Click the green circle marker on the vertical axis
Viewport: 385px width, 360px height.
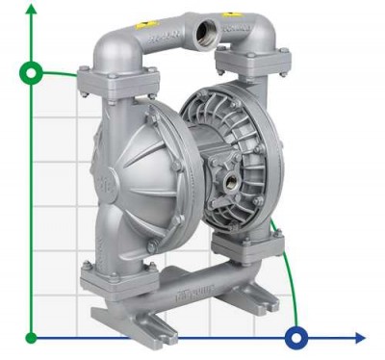click(32, 72)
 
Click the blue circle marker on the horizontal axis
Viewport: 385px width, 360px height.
click(297, 337)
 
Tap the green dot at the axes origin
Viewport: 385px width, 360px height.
click(32, 337)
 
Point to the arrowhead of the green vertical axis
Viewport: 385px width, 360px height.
click(32, 8)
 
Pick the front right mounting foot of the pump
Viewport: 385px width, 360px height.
click(258, 310)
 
